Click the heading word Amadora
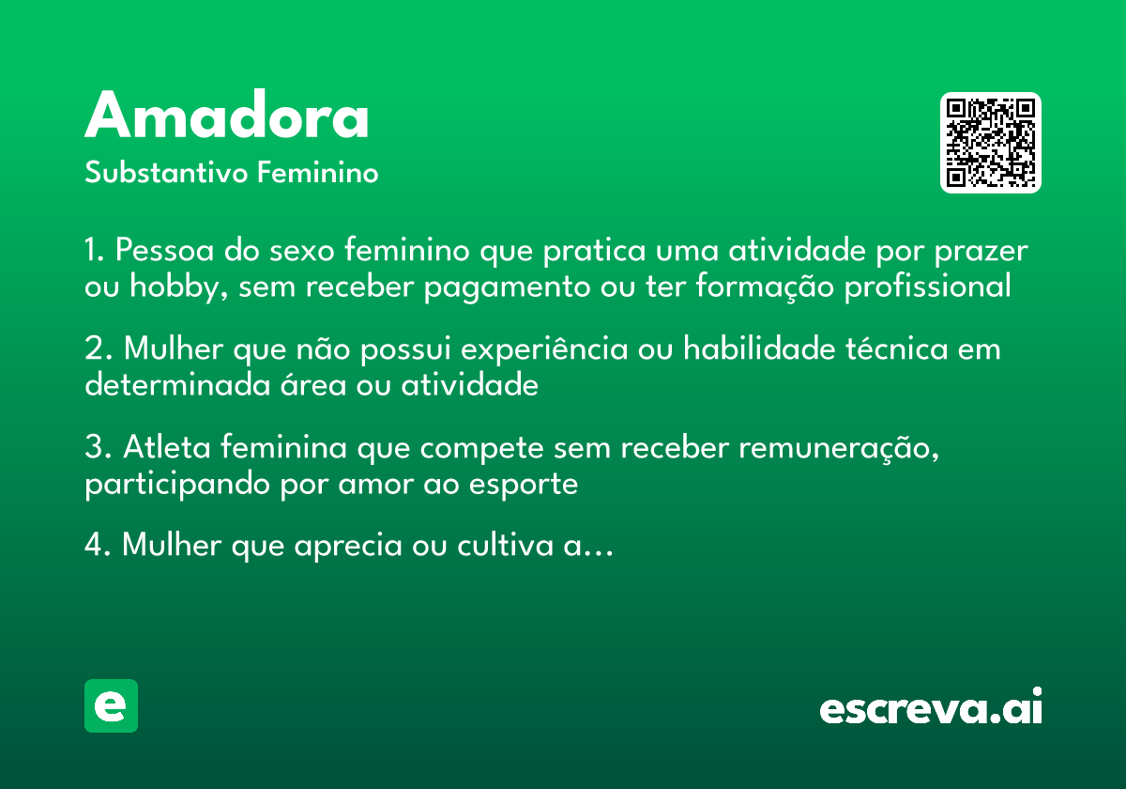[227, 117]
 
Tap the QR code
[991, 143]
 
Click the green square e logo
[111, 705]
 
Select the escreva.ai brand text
[931, 708]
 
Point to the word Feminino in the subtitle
[318, 174]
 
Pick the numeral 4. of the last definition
[97, 546]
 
